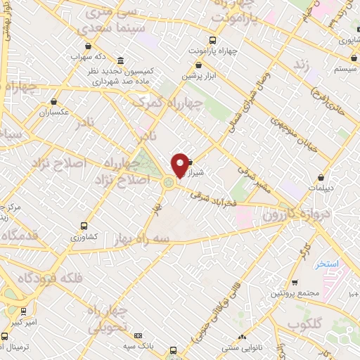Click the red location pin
click(x=180, y=165)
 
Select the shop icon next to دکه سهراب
click(x=87, y=46)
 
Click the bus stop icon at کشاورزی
click(x=84, y=226)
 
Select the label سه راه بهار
click(x=143, y=239)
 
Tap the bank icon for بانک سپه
click(x=138, y=335)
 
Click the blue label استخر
click(x=328, y=264)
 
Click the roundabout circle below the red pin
click(x=169, y=184)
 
